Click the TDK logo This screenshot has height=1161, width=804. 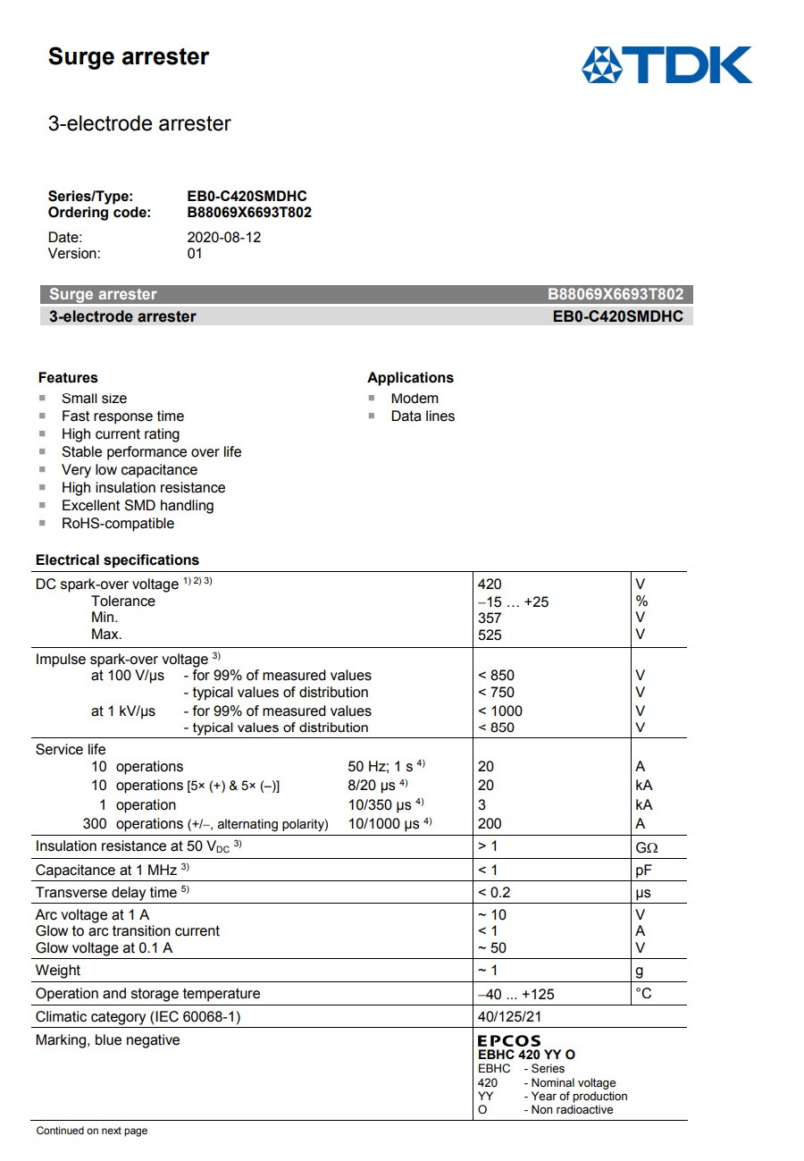click(x=666, y=65)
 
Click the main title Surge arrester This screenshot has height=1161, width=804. click(x=128, y=57)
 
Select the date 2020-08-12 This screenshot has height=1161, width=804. click(x=223, y=238)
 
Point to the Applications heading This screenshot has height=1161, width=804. click(x=410, y=377)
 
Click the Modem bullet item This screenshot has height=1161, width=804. click(x=415, y=399)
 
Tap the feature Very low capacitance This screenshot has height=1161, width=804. click(x=129, y=470)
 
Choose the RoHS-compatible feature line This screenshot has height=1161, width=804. click(x=117, y=524)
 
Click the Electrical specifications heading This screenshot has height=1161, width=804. click(x=117, y=560)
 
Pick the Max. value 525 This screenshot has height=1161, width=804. click(x=490, y=635)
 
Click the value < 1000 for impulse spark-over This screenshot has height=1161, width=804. click(x=499, y=711)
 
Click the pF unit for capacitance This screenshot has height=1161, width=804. click(x=643, y=871)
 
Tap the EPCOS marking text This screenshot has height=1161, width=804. click(x=509, y=1040)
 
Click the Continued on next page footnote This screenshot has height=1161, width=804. click(x=91, y=1132)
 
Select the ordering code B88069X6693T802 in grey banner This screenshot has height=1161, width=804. click(x=616, y=295)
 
